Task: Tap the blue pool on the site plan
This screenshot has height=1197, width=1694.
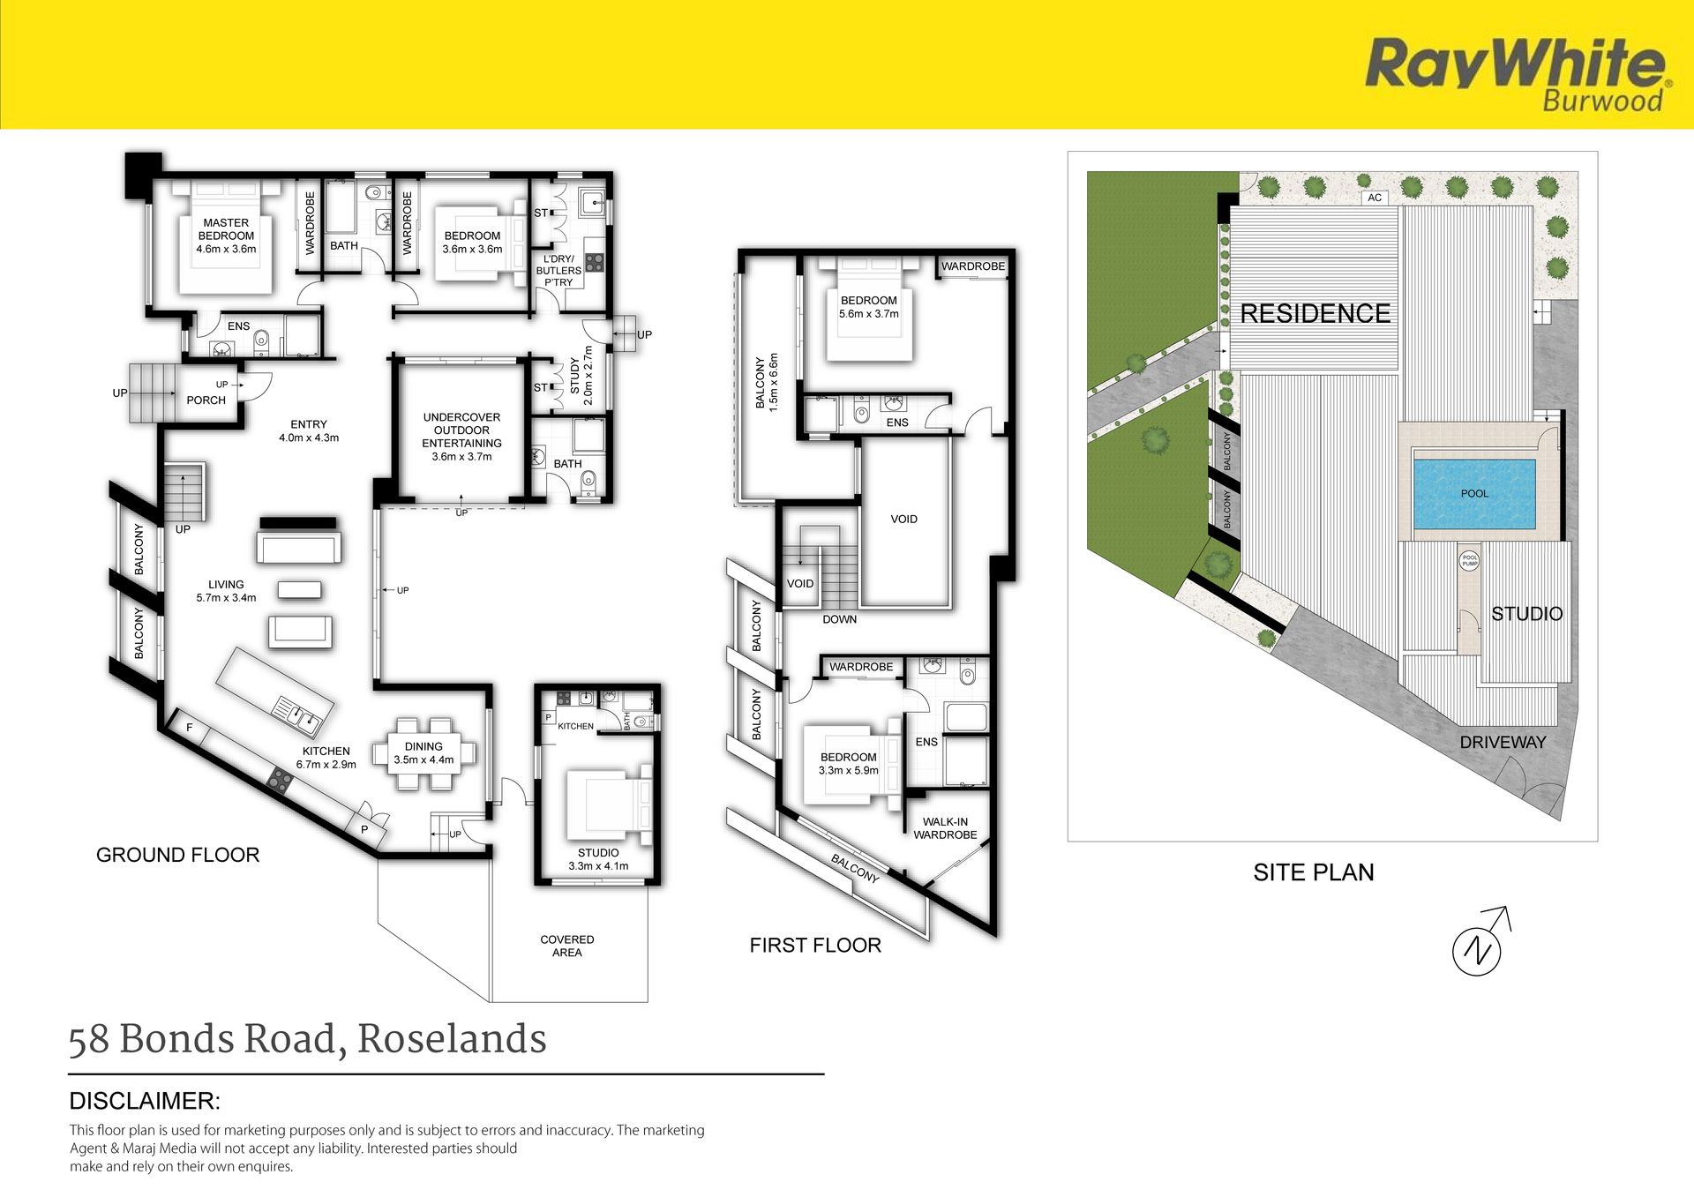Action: [x=1475, y=493]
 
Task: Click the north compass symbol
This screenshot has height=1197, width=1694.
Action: [x=1480, y=943]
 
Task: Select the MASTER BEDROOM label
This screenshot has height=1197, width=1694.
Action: [x=226, y=229]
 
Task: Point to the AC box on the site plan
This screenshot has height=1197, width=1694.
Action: [x=1375, y=198]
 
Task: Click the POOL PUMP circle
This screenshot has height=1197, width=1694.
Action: [x=1469, y=560]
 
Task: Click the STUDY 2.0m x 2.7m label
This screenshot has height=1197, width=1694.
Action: [x=581, y=376]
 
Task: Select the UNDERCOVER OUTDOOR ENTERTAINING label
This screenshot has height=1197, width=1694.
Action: [x=461, y=430]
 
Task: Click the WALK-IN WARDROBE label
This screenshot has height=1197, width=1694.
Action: [x=945, y=828]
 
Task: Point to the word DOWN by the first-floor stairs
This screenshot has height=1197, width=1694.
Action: [x=839, y=619]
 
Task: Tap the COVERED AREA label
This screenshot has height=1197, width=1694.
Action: [x=566, y=946]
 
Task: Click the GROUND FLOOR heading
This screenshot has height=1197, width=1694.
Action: [x=177, y=855]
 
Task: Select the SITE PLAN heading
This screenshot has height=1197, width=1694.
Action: [x=1314, y=872]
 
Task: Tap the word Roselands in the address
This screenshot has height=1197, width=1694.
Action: [x=452, y=1039]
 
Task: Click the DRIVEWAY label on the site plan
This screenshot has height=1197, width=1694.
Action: [x=1503, y=743]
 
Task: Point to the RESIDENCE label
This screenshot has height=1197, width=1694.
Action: [x=1315, y=313]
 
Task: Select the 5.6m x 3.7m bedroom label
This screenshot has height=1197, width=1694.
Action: [x=869, y=314]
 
